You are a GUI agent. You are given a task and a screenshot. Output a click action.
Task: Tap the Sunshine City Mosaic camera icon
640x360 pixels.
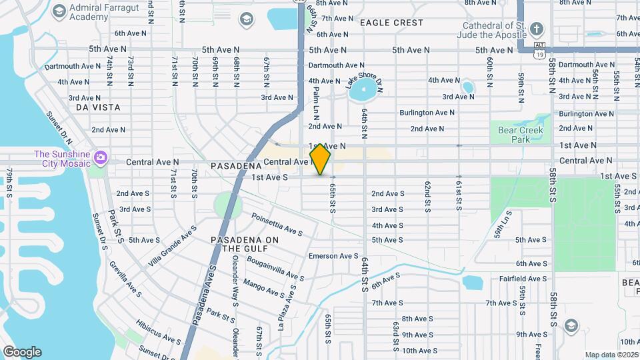[101, 157]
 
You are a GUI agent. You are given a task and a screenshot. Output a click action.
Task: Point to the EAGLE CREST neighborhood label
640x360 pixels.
[391, 23]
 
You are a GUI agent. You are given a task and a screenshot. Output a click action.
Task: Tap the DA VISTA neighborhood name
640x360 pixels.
[98, 107]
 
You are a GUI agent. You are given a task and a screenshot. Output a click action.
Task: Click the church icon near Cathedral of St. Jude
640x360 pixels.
[537, 29]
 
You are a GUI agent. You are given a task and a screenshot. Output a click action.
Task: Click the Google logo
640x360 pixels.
[22, 352]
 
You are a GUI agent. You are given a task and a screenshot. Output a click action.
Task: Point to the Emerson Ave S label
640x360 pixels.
[333, 256]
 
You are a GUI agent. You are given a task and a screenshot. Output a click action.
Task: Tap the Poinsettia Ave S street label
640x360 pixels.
[277, 225]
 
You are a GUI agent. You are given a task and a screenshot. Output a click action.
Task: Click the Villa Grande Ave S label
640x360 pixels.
[172, 246]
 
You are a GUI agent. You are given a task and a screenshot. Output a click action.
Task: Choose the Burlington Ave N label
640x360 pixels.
[427, 113]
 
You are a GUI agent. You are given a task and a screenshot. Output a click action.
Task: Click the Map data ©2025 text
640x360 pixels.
[611, 355]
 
